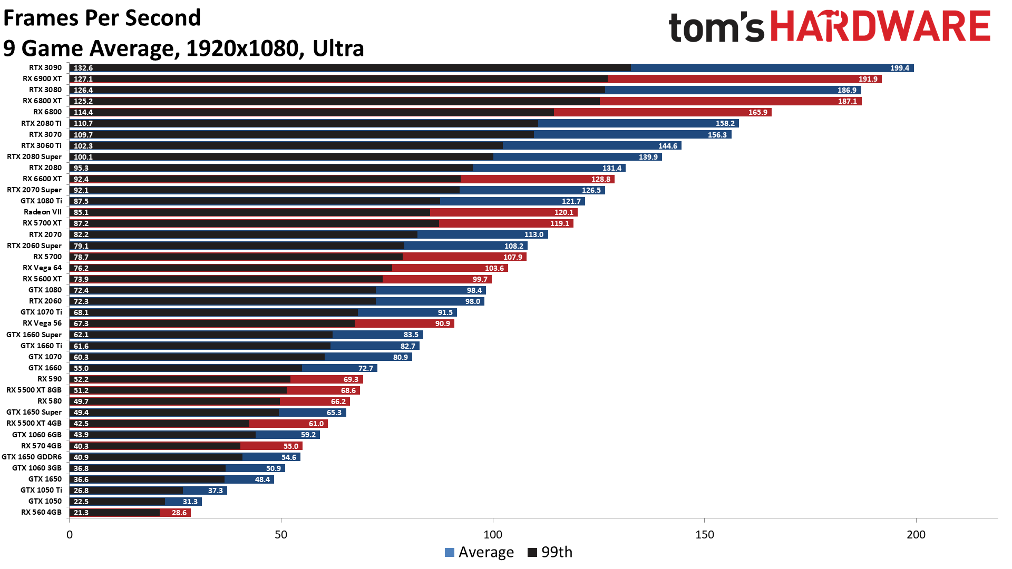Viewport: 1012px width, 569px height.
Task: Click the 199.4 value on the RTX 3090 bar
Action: [x=899, y=68]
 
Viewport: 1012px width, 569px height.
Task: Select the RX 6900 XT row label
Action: [x=42, y=79]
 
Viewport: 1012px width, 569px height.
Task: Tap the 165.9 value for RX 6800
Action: [x=757, y=112]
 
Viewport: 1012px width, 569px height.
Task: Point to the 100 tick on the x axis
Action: [x=493, y=534]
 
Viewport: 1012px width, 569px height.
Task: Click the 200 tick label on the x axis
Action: [x=916, y=534]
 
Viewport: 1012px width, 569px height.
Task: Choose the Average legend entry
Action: [x=479, y=552]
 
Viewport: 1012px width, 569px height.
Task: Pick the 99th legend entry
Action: [x=550, y=552]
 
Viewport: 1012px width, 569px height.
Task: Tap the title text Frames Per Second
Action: [x=102, y=18]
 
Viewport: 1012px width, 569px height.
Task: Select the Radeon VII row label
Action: [x=43, y=212]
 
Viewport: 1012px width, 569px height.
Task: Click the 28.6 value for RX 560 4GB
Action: [x=179, y=513]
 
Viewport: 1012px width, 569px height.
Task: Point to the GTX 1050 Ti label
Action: [x=41, y=490]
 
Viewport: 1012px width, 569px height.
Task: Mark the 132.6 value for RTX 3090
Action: [x=83, y=68]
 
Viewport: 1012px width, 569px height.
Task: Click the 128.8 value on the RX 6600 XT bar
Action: [x=600, y=179]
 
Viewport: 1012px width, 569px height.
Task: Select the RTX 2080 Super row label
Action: [x=34, y=156]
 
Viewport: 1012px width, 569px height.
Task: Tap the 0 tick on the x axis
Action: [x=70, y=534]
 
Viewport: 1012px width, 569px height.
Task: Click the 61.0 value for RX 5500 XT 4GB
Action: [x=316, y=424]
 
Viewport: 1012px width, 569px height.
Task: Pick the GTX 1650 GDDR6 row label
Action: [x=32, y=457]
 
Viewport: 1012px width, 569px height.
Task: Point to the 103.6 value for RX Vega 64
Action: [x=494, y=268]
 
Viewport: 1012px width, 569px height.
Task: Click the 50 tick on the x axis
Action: [x=281, y=534]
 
